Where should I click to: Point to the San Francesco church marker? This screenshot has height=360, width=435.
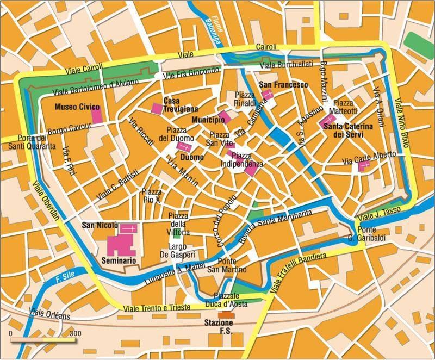tap(267, 95)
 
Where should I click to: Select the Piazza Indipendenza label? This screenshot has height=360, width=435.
tap(242, 159)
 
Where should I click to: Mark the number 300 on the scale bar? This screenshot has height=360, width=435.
tap(75, 333)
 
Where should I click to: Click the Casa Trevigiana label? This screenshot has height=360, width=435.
tap(181, 105)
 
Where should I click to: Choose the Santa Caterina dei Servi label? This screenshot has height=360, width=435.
tap(348, 130)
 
